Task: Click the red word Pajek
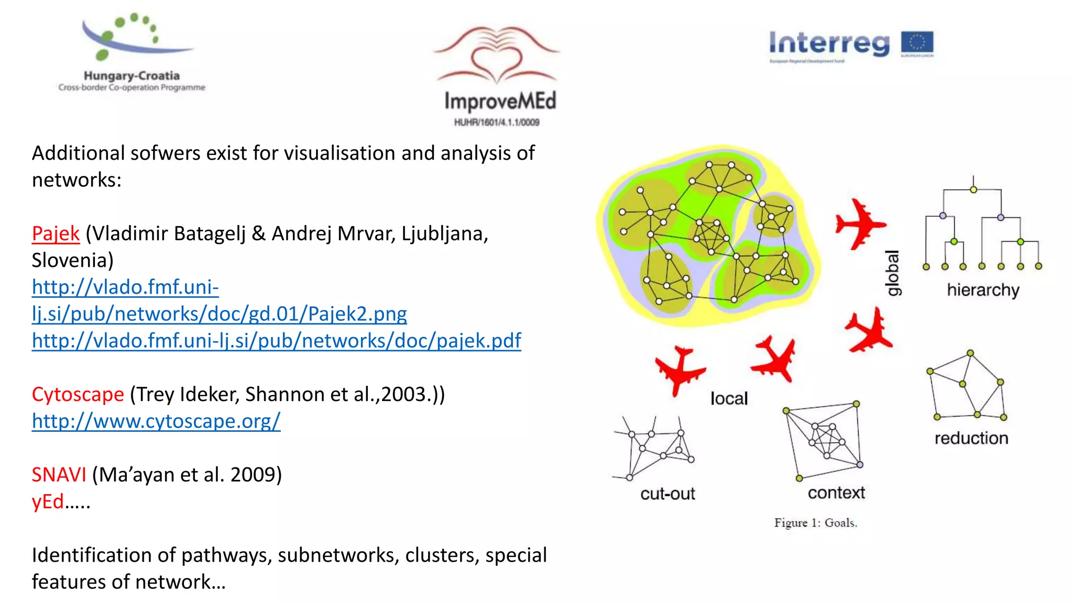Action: (x=56, y=233)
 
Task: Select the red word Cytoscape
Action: (x=78, y=394)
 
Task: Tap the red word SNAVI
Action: (x=59, y=475)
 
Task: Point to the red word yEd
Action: (x=48, y=501)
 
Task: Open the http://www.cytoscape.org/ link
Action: (x=156, y=421)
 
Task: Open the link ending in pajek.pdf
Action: (x=276, y=341)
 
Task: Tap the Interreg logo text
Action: (x=829, y=43)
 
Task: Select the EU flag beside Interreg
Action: (x=917, y=43)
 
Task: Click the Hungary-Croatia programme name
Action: (x=132, y=76)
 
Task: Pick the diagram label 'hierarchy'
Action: (x=983, y=290)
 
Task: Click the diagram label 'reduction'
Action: (x=971, y=438)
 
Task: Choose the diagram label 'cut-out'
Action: (x=667, y=494)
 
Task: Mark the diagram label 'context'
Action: (x=836, y=493)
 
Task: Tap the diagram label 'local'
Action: (x=729, y=399)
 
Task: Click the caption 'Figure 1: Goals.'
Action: (x=815, y=523)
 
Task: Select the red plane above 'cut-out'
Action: (x=680, y=370)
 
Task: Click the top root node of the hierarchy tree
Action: (x=973, y=189)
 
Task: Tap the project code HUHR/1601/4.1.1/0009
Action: (x=497, y=122)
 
